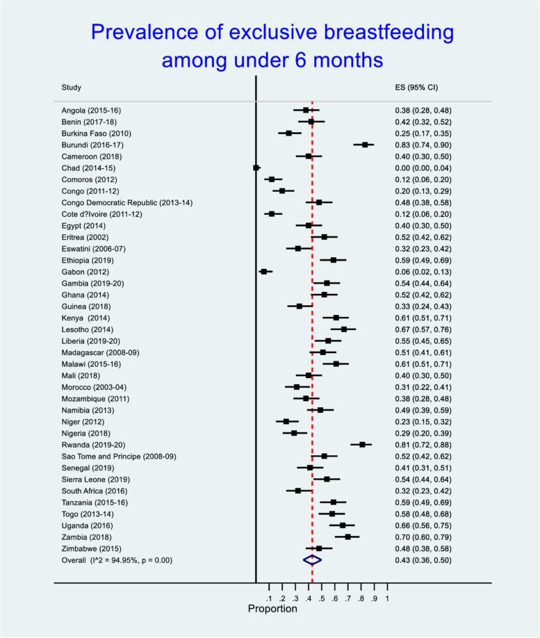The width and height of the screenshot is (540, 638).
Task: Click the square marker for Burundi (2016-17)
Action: click(x=365, y=145)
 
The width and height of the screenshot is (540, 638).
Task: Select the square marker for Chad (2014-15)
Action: click(x=256, y=167)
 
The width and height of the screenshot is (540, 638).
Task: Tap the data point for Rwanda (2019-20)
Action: click(x=362, y=444)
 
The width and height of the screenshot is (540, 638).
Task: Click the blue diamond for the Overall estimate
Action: click(x=312, y=559)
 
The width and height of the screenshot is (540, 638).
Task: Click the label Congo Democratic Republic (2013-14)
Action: click(x=124, y=202)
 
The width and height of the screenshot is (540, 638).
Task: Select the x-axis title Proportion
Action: click(x=272, y=609)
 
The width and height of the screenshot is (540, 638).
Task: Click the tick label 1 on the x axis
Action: click(x=386, y=598)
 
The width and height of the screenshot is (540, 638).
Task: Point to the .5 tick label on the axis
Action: click(x=322, y=598)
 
